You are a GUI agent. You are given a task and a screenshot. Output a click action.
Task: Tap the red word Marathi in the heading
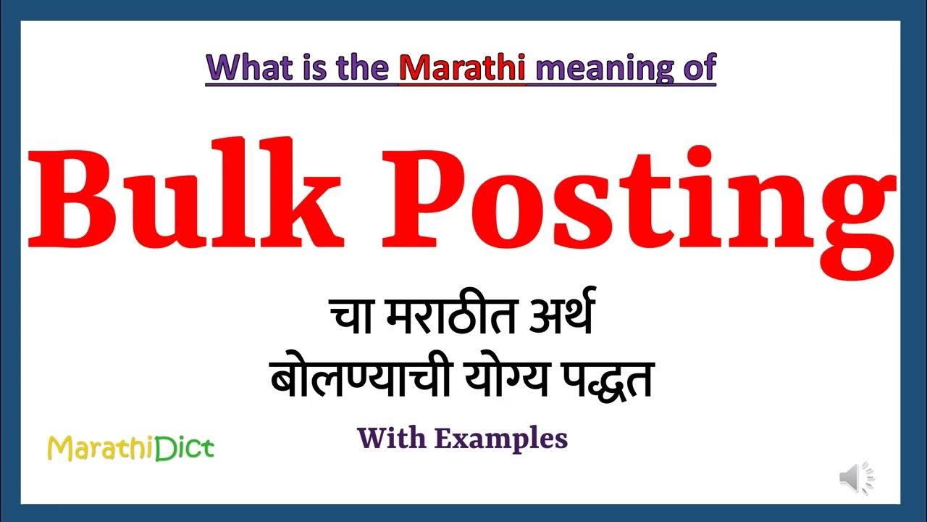461,67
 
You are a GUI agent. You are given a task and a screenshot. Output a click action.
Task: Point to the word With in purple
391,438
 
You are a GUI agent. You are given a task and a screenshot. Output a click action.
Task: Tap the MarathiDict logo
130,449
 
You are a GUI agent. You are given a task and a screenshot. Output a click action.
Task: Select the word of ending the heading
698,67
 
